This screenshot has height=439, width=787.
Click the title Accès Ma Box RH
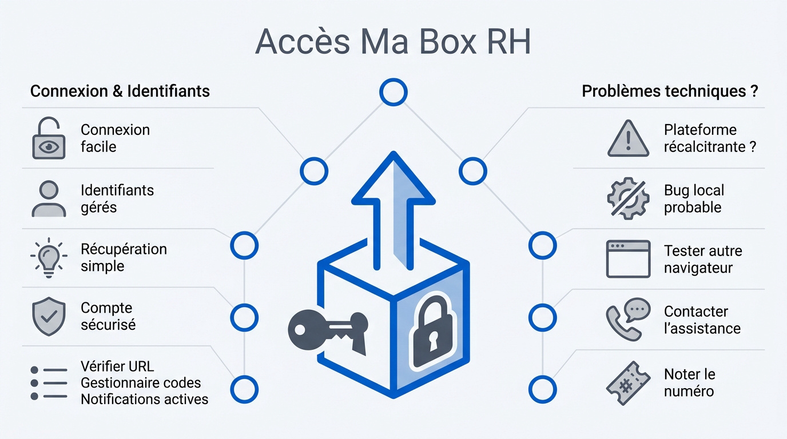393,41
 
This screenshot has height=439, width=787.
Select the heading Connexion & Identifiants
120,91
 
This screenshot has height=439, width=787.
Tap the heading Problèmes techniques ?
670,91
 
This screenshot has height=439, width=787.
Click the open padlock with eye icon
49,138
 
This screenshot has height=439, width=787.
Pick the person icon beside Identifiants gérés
49,198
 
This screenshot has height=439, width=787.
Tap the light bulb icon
49,258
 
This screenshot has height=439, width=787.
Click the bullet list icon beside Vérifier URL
49,383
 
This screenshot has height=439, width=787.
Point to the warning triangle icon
628,139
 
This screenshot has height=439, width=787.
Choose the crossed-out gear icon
628,198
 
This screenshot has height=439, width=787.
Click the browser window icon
628,259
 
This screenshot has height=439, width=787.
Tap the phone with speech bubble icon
628,319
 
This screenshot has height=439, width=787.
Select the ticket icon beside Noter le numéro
628,383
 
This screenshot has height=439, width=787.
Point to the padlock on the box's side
432,332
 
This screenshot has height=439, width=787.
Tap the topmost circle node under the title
393,92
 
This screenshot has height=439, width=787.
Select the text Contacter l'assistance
702,320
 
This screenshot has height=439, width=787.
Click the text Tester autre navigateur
702,259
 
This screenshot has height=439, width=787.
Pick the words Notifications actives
144,399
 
